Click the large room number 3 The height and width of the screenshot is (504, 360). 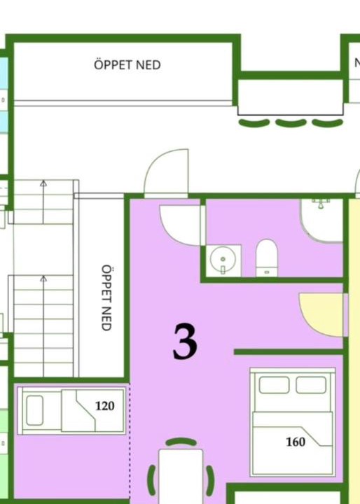point(185,342)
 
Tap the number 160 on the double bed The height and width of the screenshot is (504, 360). point(296,442)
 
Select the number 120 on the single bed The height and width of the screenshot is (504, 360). point(105,406)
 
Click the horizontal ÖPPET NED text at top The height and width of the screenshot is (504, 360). point(127,64)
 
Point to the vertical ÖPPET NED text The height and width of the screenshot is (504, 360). point(106,297)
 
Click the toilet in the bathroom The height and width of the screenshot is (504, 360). point(267,258)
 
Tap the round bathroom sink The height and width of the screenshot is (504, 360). point(223,259)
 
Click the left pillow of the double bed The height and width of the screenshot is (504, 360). point(274,385)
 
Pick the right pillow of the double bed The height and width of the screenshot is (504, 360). point(311,385)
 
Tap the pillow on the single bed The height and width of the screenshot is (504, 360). point(35,410)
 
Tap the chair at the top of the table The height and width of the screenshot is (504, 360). point(181,442)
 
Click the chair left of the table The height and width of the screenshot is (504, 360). point(151,480)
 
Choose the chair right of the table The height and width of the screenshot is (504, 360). point(210,480)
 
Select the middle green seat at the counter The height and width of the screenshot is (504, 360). point(291,123)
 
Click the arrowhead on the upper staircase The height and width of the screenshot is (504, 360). point(43,183)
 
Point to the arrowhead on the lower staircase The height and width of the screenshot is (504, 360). point(43,279)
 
